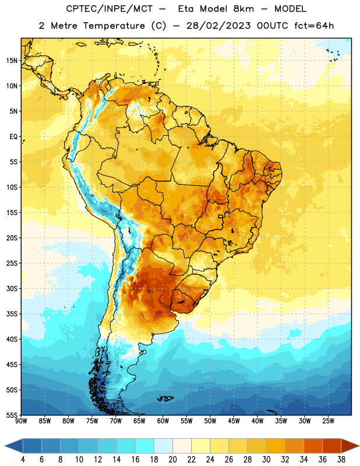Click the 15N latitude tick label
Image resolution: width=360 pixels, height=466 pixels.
(x=12, y=61)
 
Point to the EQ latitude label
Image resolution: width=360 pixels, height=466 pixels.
(x=13, y=137)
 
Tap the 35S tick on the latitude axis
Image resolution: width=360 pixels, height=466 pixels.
(x=12, y=314)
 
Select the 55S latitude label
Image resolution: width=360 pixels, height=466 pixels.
(x=12, y=415)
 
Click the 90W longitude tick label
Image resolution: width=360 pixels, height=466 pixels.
(x=21, y=421)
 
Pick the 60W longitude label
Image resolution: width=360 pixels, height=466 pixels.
(x=163, y=421)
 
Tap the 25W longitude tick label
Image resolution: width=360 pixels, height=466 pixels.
(x=328, y=421)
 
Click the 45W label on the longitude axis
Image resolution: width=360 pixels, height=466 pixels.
(x=234, y=421)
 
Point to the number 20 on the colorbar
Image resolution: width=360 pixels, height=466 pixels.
(x=172, y=460)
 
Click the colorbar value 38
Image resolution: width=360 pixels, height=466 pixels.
(x=341, y=460)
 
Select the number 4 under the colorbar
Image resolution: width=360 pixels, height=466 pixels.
(x=23, y=460)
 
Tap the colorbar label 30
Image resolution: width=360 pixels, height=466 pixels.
(x=266, y=460)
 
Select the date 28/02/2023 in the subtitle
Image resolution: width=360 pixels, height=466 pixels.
(x=218, y=26)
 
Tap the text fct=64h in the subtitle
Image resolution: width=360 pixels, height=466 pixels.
(x=314, y=26)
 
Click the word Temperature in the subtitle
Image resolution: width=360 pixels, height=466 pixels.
(x=114, y=26)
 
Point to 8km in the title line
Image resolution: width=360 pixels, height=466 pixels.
(x=243, y=9)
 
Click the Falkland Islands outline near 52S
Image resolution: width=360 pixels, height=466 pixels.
(x=165, y=398)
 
